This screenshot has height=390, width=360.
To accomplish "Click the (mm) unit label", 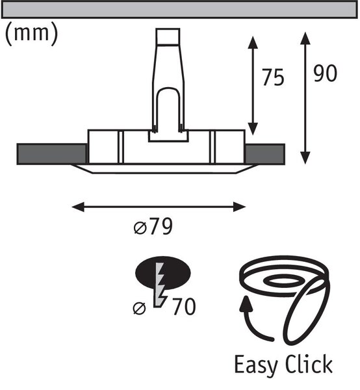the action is [32, 34].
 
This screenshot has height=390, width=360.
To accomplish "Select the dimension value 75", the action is [273, 77].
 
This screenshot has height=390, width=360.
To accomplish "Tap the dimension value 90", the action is [325, 73].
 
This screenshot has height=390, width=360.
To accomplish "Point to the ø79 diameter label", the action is [153, 226].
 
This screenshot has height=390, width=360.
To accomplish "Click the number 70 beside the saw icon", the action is [184, 307].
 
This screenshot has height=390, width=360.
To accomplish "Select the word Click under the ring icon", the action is [309, 363].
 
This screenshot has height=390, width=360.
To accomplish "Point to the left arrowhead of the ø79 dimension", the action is [78, 207].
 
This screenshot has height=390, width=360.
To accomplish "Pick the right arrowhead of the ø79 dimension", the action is [239, 207].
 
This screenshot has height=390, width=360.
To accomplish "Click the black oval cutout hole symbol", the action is [163, 273].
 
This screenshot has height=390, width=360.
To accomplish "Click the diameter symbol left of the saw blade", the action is [139, 308].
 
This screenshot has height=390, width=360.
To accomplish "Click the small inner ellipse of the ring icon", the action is [283, 281].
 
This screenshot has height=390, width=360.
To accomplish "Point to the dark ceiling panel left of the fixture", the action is [51, 154].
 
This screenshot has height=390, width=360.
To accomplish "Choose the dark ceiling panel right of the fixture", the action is [265, 154].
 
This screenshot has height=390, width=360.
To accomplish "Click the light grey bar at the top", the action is [179, 10].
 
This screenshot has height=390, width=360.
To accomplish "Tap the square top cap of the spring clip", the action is [168, 36].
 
